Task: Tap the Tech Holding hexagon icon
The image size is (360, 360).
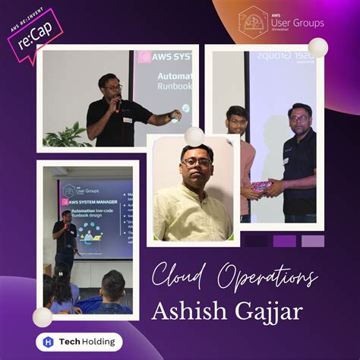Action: [49, 342]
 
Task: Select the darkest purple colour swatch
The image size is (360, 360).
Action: [255, 241]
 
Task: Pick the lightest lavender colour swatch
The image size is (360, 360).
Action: [312, 241]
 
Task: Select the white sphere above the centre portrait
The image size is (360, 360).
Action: [194, 136]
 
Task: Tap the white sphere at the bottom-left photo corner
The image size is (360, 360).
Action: [43, 317]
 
